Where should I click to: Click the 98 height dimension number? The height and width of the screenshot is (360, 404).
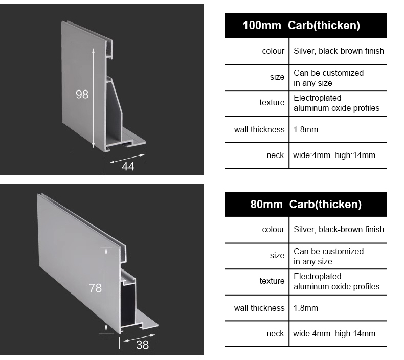click(x=82, y=94)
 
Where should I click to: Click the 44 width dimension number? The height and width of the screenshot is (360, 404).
click(x=128, y=166)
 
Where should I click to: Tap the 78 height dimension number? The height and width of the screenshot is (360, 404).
click(x=95, y=288)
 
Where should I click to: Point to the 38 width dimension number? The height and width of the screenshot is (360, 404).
click(x=142, y=345)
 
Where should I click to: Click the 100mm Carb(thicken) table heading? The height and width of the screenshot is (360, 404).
click(x=301, y=26)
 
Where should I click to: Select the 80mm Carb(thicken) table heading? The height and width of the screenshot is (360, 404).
click(x=306, y=205)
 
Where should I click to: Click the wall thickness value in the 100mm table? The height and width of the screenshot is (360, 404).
click(x=306, y=129)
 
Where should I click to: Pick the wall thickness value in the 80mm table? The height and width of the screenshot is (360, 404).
click(x=306, y=308)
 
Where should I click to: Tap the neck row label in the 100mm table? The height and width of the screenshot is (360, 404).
click(x=275, y=155)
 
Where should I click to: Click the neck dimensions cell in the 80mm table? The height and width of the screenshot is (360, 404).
click(x=334, y=334)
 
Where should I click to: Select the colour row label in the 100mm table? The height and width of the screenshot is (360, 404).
click(x=273, y=51)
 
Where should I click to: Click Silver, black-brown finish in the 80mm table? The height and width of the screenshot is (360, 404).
click(x=339, y=229)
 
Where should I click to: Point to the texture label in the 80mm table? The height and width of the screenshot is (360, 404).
click(x=272, y=281)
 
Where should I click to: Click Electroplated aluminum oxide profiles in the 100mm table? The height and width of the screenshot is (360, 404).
click(x=336, y=103)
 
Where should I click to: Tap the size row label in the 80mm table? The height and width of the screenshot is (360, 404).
click(x=277, y=255)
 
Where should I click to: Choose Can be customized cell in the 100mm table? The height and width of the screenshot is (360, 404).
click(x=328, y=78)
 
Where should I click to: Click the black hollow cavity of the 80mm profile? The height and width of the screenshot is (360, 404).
click(x=128, y=304)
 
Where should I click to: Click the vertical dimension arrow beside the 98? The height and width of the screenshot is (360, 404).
click(x=93, y=98)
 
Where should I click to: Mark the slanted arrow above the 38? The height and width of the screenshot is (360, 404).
click(x=140, y=338)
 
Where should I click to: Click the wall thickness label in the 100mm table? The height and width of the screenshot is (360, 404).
click(x=259, y=129)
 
